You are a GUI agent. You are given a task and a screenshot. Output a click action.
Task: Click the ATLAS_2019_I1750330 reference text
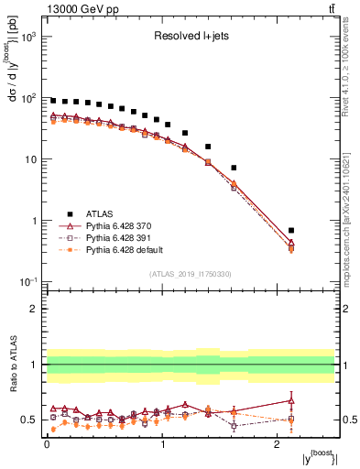coord(191,274)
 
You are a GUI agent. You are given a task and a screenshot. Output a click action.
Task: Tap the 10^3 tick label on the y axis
coord(27,37)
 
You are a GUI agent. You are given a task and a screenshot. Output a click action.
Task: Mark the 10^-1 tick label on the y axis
coord(27,282)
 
